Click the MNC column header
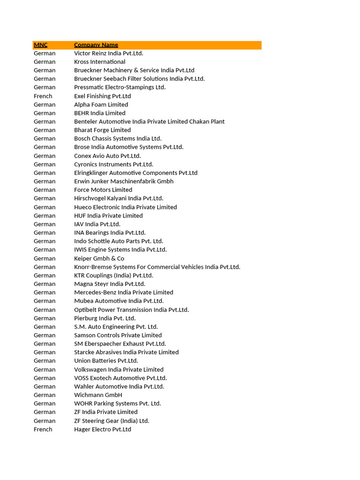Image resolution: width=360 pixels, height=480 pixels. click(41, 45)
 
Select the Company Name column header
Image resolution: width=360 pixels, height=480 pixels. click(96, 45)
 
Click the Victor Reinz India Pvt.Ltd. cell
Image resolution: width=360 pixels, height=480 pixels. click(108, 53)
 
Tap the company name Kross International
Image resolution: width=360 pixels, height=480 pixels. click(99, 62)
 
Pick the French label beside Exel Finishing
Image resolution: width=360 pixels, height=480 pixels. click(43, 96)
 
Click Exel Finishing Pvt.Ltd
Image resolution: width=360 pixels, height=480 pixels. click(102, 96)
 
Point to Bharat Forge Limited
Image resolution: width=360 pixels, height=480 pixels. click(102, 130)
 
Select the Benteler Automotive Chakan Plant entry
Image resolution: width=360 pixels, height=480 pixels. click(149, 121)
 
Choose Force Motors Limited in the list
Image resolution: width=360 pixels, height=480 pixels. click(103, 190)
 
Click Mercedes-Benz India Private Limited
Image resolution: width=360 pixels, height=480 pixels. click(123, 292)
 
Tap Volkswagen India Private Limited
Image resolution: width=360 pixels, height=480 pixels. click(119, 369)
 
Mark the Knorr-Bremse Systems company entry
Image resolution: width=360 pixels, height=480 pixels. click(157, 267)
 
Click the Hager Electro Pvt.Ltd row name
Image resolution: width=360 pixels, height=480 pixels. click(102, 429)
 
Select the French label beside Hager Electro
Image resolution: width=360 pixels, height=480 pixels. click(43, 429)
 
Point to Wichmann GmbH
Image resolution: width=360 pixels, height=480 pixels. click(98, 395)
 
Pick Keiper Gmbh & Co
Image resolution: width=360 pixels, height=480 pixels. click(99, 258)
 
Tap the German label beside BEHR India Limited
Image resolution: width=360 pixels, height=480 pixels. click(45, 113)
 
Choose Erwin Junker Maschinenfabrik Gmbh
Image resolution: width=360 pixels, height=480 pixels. click(124, 181)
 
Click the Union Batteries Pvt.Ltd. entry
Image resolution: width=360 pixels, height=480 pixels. click(106, 361)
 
